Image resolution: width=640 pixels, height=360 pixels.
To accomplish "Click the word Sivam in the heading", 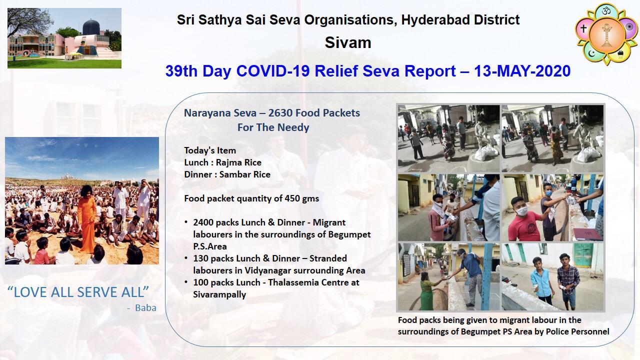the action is (348, 42).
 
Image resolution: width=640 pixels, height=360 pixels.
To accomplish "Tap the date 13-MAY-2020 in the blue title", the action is (522, 71).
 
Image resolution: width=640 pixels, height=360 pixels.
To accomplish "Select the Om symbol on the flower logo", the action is (606, 11).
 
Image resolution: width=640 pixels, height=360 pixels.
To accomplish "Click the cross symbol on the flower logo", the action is (583, 28).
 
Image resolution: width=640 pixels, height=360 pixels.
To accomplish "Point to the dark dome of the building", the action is (91, 27).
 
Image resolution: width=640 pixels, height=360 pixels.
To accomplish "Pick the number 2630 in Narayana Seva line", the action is (280, 113).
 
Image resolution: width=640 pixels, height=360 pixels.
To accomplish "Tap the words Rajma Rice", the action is (238, 162).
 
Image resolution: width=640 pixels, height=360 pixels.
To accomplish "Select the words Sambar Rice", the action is (245, 174).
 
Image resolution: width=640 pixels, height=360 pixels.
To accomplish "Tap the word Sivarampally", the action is (219, 294).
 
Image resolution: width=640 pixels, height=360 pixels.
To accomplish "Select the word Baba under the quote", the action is (145, 307).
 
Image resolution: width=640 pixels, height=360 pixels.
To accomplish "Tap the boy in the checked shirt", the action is (568, 281).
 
